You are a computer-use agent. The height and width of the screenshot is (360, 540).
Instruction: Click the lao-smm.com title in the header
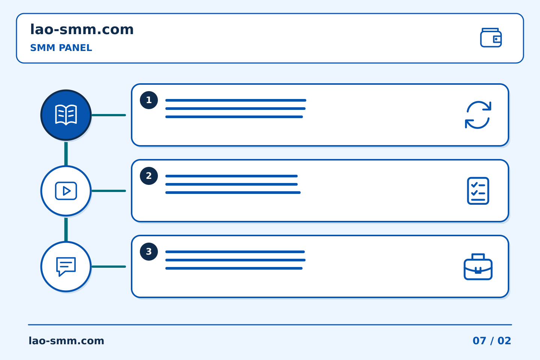(x=82, y=30)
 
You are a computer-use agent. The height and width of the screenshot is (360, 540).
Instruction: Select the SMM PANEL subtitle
(x=61, y=48)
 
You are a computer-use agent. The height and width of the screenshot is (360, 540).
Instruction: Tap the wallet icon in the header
(x=491, y=37)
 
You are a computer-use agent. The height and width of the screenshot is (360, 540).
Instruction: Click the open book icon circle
(x=66, y=115)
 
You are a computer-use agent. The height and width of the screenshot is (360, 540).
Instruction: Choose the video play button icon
(x=66, y=191)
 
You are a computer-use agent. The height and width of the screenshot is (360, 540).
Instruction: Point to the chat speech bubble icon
(x=66, y=267)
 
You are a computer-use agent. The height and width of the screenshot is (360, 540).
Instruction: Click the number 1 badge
(x=149, y=100)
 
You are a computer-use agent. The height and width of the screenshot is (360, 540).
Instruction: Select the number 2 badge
(x=149, y=176)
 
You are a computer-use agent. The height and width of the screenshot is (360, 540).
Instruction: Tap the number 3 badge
(x=149, y=252)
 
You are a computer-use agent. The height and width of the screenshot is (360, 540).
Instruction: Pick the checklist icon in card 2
(x=478, y=191)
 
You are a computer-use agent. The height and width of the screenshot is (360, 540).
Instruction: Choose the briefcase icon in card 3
(x=478, y=267)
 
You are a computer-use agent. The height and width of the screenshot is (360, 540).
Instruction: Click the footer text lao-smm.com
(x=66, y=341)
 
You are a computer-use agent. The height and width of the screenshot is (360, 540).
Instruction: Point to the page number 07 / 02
(x=492, y=341)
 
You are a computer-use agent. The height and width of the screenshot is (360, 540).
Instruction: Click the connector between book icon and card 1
(x=109, y=115)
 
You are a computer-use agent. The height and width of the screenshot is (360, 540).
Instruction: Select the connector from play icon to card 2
(x=109, y=191)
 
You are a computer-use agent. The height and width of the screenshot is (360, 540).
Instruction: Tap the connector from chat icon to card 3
(x=109, y=267)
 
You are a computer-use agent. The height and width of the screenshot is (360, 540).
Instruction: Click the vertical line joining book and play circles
(x=66, y=154)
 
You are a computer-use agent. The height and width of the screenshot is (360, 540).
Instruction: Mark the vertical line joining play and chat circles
(x=66, y=229)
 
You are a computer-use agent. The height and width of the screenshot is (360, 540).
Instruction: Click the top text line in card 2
(x=231, y=176)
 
